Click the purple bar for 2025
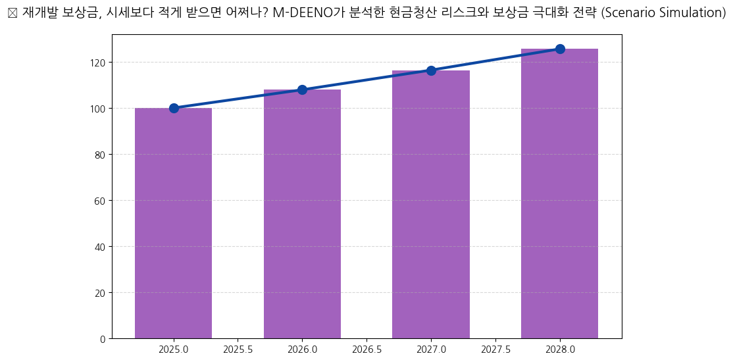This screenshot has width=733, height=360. [173, 223]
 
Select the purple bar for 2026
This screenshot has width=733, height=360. [302, 214]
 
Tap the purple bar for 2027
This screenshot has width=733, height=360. [431, 204]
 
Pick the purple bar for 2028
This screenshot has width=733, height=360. [559, 193]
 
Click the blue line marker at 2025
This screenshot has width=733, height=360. [174, 108]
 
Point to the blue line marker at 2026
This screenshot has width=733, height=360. [302, 90]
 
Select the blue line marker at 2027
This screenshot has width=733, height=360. [431, 70]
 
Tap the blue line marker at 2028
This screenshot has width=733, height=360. [560, 49]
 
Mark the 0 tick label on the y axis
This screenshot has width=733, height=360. [103, 339]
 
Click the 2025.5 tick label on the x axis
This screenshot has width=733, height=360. [238, 349]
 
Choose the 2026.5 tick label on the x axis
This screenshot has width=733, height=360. [366, 349]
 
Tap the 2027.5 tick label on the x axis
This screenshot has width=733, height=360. [495, 349]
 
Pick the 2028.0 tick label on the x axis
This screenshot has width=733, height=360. [560, 349]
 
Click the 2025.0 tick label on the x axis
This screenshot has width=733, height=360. [174, 349]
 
